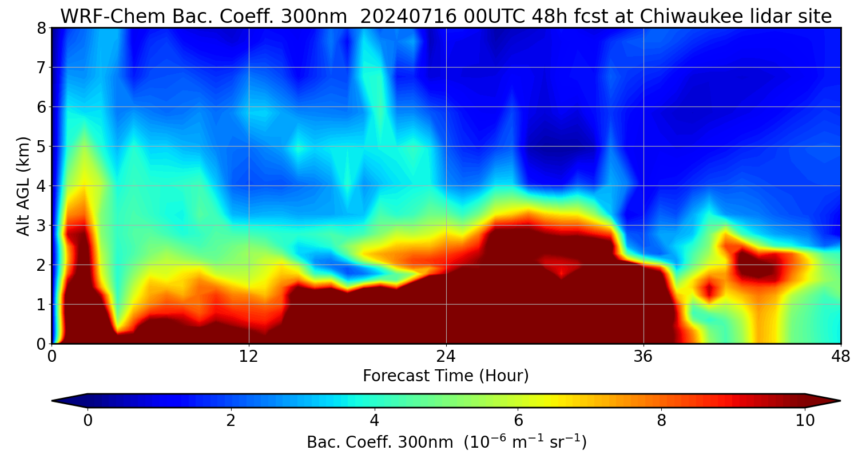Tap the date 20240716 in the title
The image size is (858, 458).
(408, 17)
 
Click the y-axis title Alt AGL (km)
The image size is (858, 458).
(23, 185)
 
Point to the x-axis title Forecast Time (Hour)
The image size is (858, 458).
(446, 376)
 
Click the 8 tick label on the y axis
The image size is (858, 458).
(41, 27)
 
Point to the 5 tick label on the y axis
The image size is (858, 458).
(41, 146)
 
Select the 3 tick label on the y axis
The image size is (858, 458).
(41, 225)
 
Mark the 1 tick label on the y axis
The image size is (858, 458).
(41, 304)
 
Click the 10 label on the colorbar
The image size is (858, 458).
(805, 420)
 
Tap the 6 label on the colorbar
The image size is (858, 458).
(518, 420)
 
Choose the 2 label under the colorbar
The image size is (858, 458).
(231, 420)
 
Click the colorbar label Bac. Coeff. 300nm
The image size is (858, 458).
(382, 442)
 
